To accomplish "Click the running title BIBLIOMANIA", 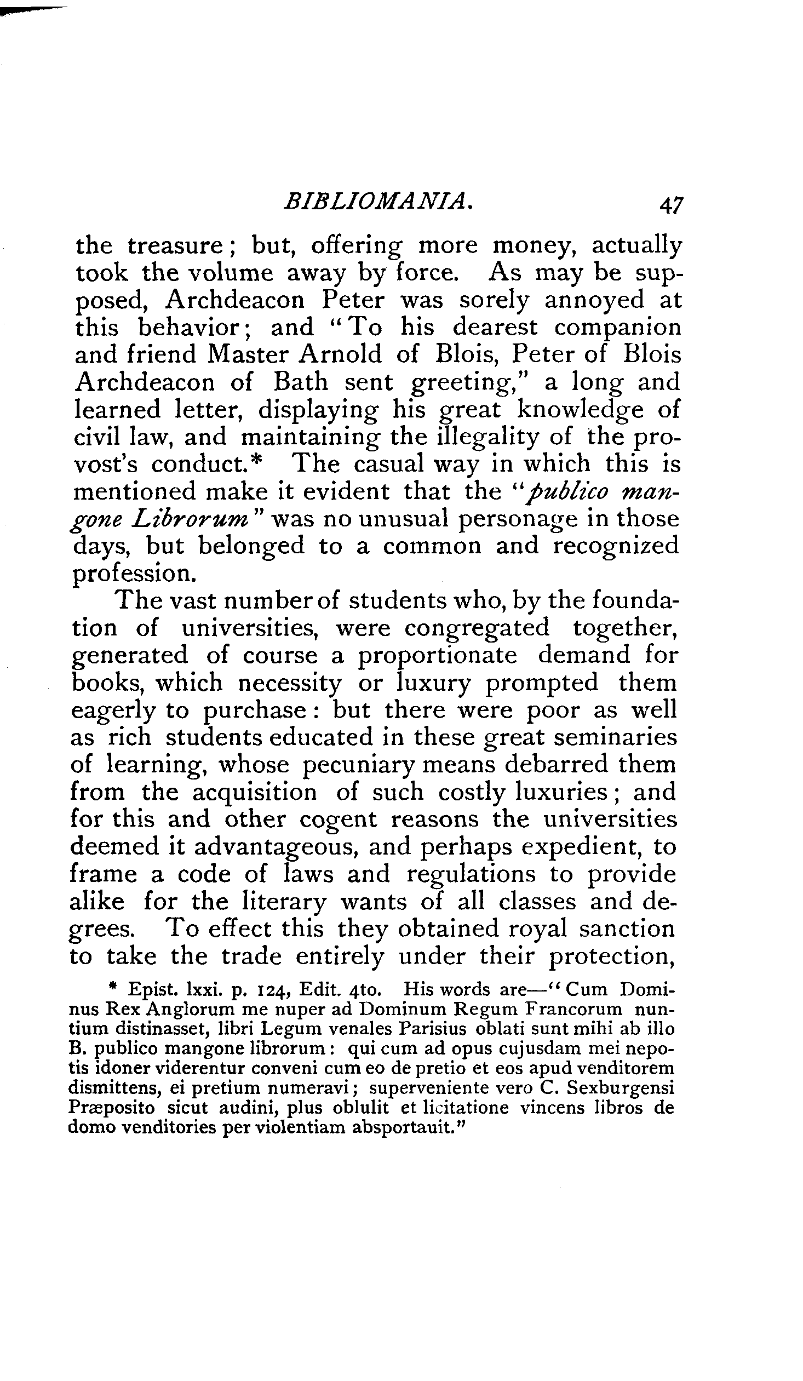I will [377, 201].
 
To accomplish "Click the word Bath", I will [301, 382].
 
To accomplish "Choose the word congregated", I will [477, 627].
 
